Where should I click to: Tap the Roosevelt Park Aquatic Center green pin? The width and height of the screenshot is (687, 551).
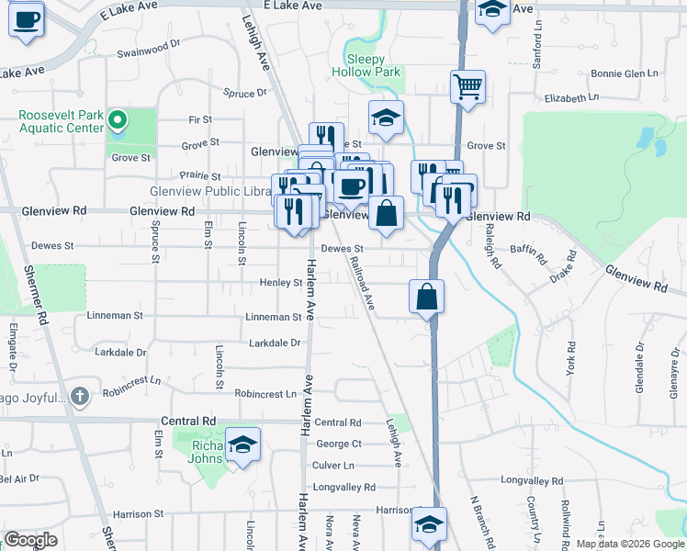tap(117, 119)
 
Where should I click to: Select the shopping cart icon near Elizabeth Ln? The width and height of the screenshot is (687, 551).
tap(467, 88)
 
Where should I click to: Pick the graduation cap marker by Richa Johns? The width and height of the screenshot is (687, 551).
tap(242, 446)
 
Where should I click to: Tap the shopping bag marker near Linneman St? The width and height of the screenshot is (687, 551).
tap(427, 298)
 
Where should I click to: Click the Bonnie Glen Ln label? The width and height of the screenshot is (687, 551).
tap(625, 73)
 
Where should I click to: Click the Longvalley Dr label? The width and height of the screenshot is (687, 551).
tap(532, 480)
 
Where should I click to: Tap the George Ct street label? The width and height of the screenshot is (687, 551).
tap(339, 444)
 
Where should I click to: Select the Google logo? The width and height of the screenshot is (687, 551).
tap(30, 540)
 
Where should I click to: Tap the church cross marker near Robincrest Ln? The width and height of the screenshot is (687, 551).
tap(81, 397)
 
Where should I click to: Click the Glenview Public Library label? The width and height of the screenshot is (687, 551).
tap(210, 192)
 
